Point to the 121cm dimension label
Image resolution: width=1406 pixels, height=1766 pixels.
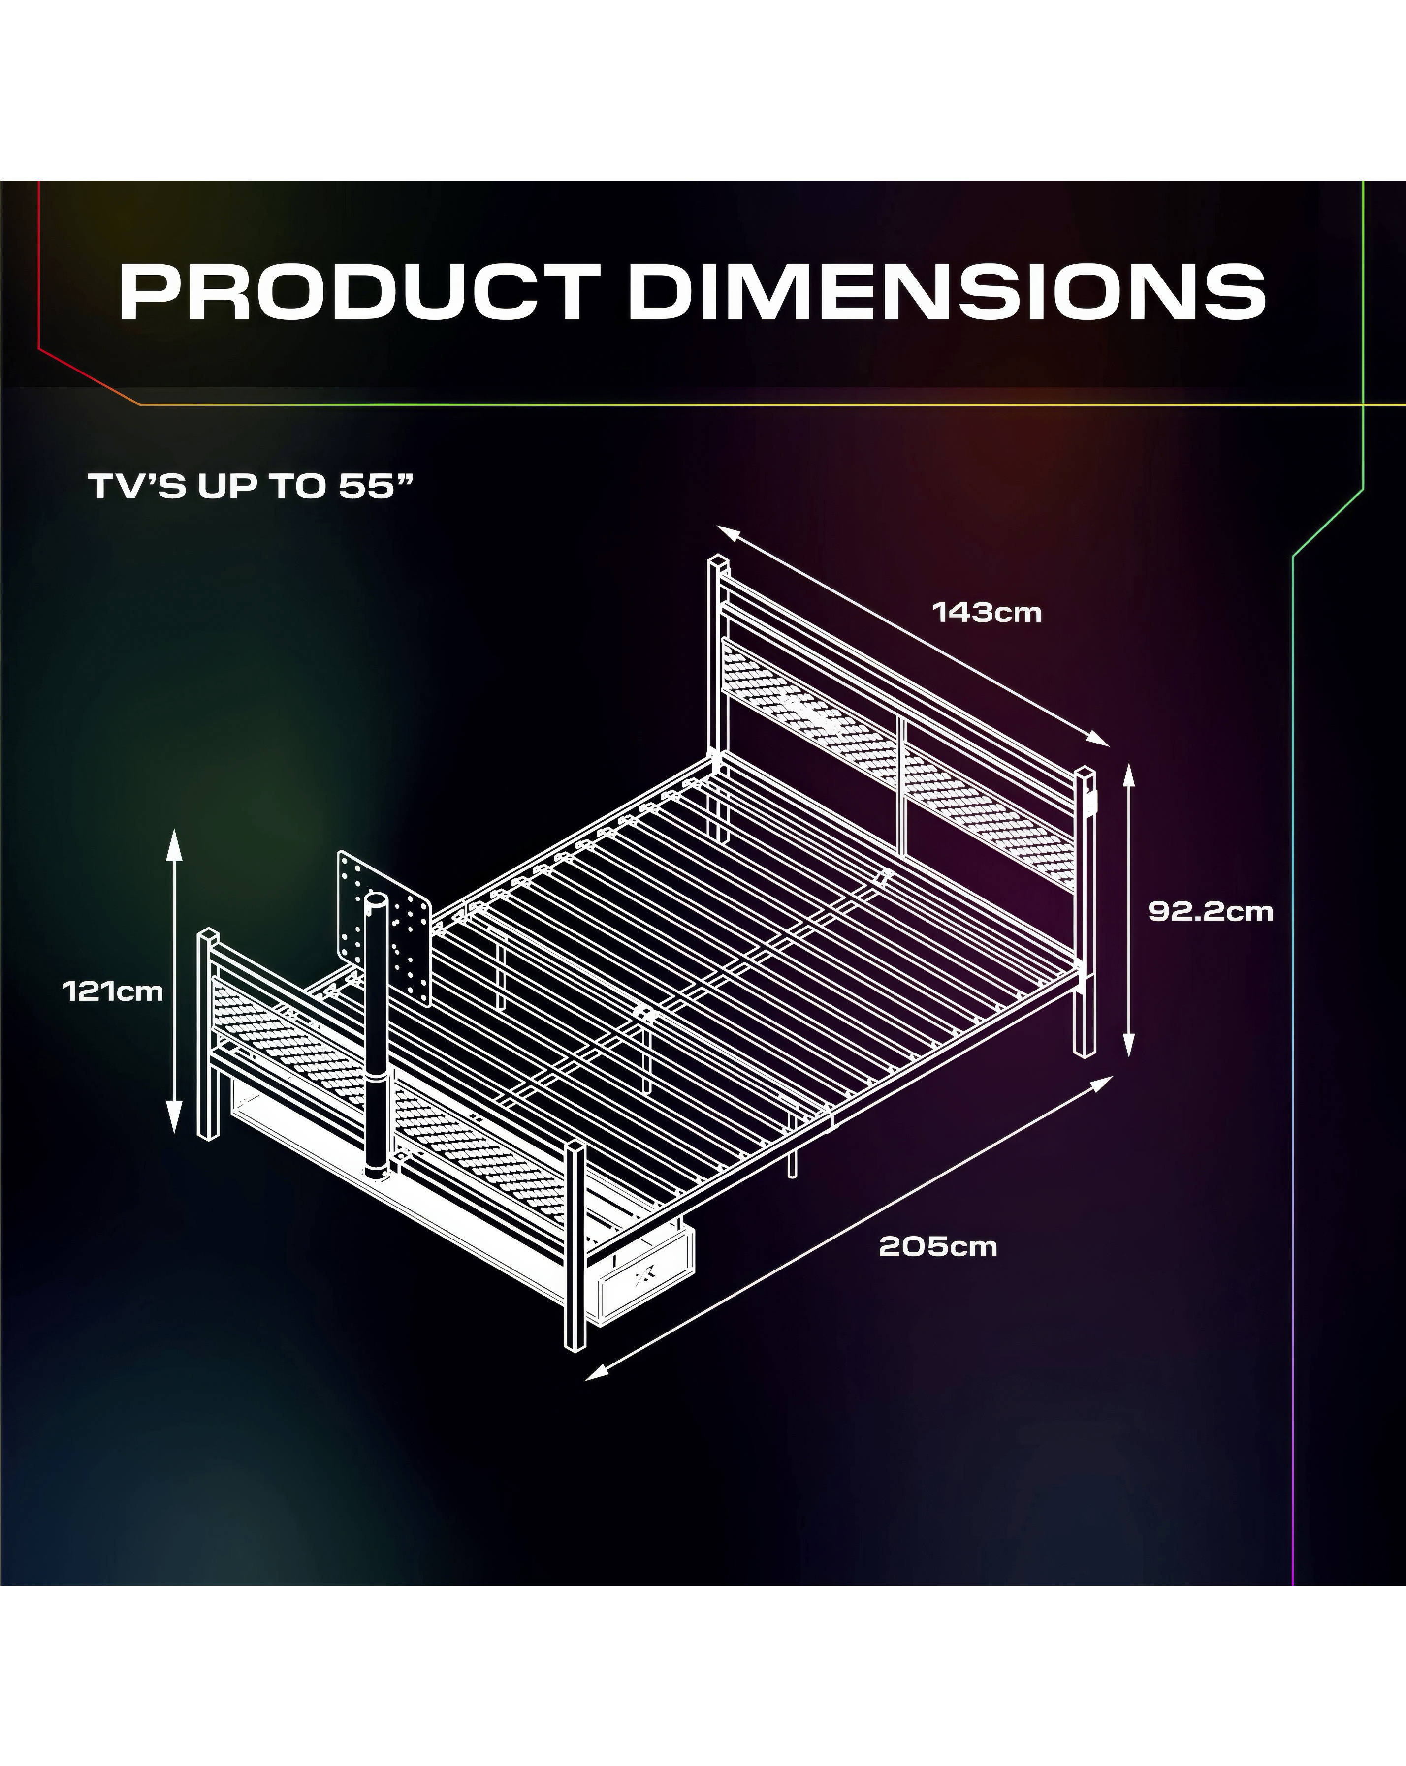pyautogui.click(x=113, y=991)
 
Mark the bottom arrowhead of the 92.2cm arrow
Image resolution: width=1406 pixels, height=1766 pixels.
pyautogui.click(x=1128, y=1044)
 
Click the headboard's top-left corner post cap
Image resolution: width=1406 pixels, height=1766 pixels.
pyautogui.click(x=718, y=565)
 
